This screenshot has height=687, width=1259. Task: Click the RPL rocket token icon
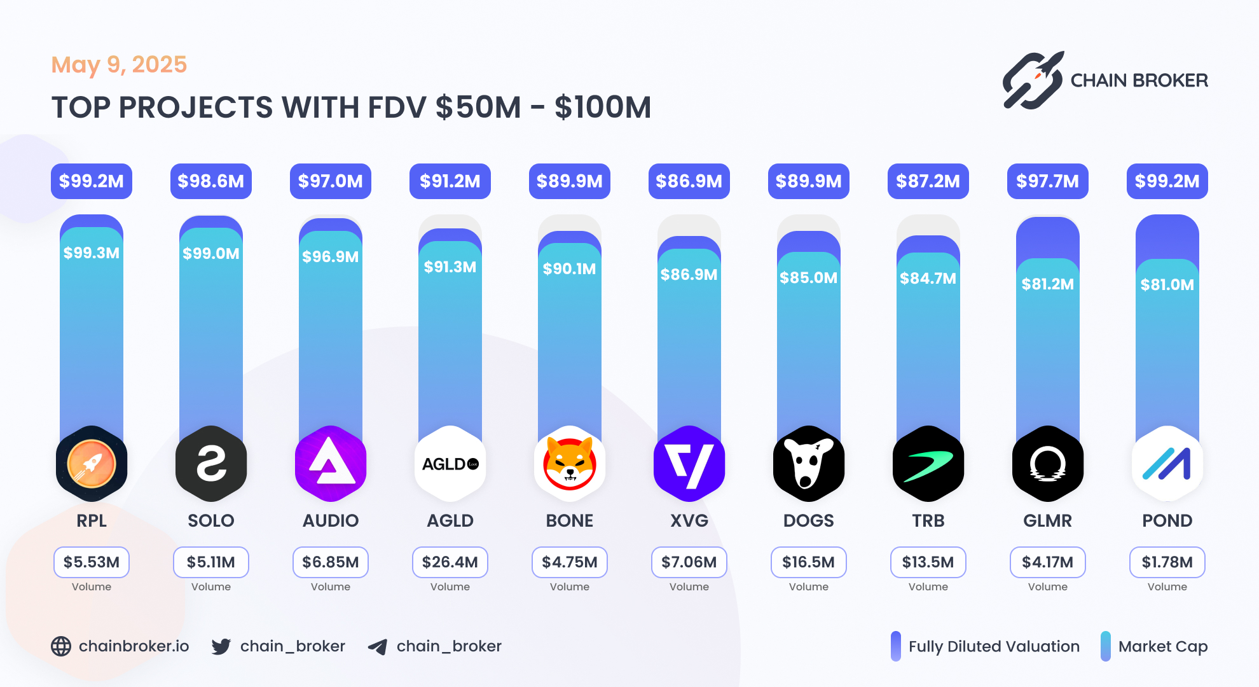click(92, 464)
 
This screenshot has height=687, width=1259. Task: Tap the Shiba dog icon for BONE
click(570, 464)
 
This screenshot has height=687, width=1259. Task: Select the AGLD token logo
click(450, 464)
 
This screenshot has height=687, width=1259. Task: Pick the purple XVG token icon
click(689, 464)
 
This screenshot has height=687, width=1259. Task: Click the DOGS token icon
click(809, 464)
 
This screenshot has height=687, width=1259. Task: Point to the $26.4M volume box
click(450, 562)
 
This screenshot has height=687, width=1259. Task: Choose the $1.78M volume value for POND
click(1167, 562)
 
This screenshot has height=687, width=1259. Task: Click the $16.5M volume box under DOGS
click(809, 562)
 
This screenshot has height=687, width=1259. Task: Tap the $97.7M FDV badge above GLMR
click(1048, 181)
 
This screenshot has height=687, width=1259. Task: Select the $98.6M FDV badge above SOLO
click(211, 181)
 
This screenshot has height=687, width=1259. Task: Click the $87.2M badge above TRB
click(928, 181)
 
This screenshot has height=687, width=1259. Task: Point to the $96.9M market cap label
click(331, 256)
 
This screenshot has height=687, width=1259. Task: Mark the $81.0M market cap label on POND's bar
click(1167, 284)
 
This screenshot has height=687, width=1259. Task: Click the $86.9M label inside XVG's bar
click(689, 274)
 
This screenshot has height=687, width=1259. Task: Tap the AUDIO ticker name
click(331, 520)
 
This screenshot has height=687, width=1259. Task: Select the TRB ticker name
click(928, 520)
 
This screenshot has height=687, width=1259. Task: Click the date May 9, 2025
click(119, 64)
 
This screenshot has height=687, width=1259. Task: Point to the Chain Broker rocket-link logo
click(1033, 81)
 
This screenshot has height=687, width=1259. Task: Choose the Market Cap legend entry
click(1155, 646)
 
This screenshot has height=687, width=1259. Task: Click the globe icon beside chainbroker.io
click(61, 646)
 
